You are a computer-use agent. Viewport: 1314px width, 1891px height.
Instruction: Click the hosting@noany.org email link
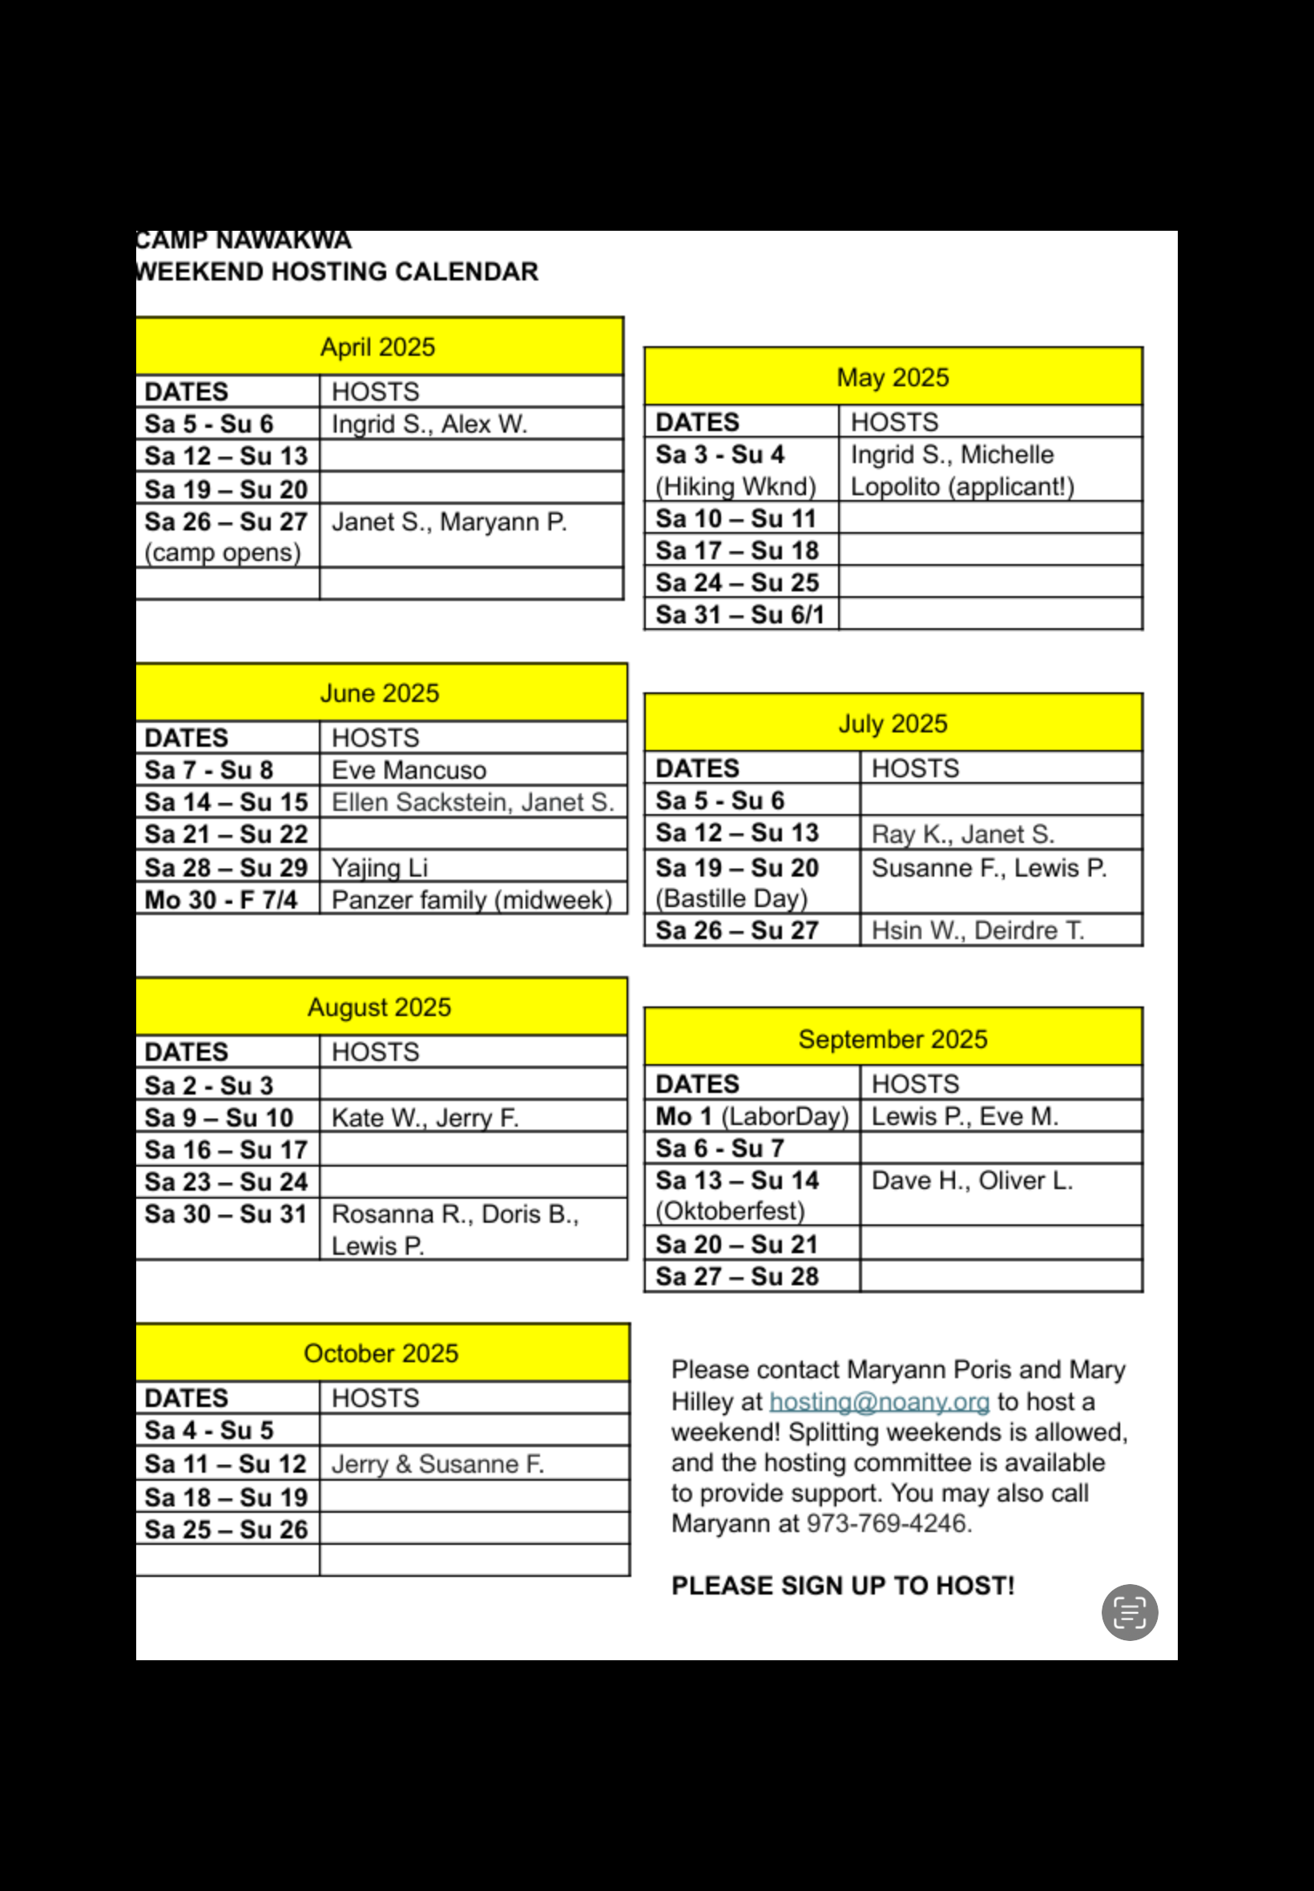879,1401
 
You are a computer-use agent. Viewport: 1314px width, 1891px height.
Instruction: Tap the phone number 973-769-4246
889,1524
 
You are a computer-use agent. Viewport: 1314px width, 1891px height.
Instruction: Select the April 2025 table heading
378,347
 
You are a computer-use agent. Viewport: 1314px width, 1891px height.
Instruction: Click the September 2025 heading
893,1039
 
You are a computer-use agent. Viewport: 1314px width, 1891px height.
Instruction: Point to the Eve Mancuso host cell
409,770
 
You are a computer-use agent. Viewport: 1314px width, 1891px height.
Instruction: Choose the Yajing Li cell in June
380,867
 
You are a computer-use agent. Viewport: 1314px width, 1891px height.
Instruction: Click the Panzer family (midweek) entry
472,899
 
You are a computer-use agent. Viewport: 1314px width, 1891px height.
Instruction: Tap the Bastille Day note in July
731,898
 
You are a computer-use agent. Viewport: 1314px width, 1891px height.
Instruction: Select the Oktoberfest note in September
729,1211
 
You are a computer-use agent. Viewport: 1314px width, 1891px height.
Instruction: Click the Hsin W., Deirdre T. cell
977,930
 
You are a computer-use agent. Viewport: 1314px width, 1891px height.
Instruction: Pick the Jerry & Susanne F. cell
437,1464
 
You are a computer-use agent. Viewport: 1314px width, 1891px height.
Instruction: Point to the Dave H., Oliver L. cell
972,1180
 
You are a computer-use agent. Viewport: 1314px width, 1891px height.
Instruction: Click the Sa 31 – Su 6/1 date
740,614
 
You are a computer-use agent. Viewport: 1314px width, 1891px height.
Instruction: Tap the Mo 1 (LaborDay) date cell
751,1116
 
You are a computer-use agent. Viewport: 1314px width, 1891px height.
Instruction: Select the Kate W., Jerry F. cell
425,1117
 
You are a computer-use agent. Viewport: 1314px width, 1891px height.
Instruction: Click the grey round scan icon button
1130,1613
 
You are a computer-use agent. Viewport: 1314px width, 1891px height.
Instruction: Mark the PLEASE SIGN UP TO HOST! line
842,1586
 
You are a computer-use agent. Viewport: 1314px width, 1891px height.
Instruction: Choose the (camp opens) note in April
222,552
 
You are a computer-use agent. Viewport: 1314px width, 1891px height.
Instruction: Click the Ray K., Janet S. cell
962,834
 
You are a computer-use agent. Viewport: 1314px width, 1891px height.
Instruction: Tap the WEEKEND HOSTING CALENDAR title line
337,272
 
